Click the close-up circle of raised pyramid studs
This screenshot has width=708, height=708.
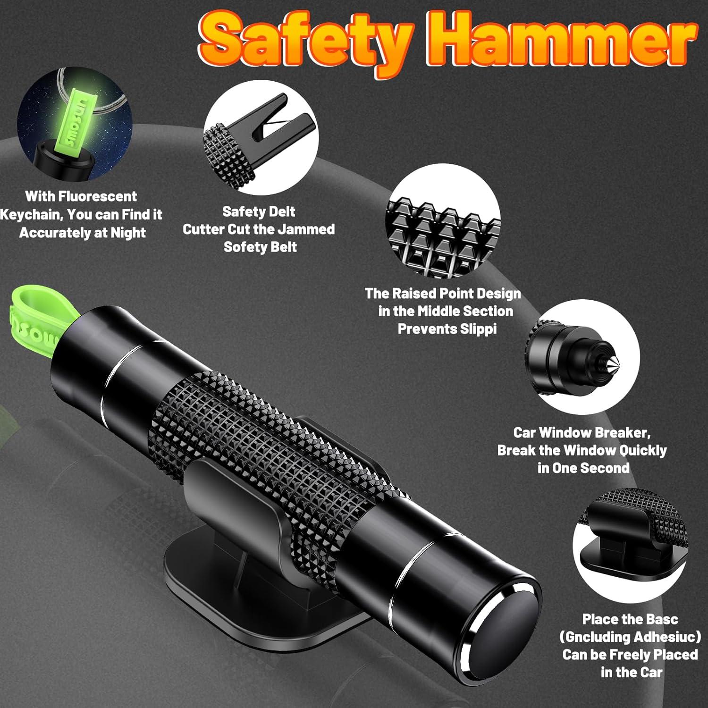point(444,221)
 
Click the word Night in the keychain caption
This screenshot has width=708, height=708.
point(128,233)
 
